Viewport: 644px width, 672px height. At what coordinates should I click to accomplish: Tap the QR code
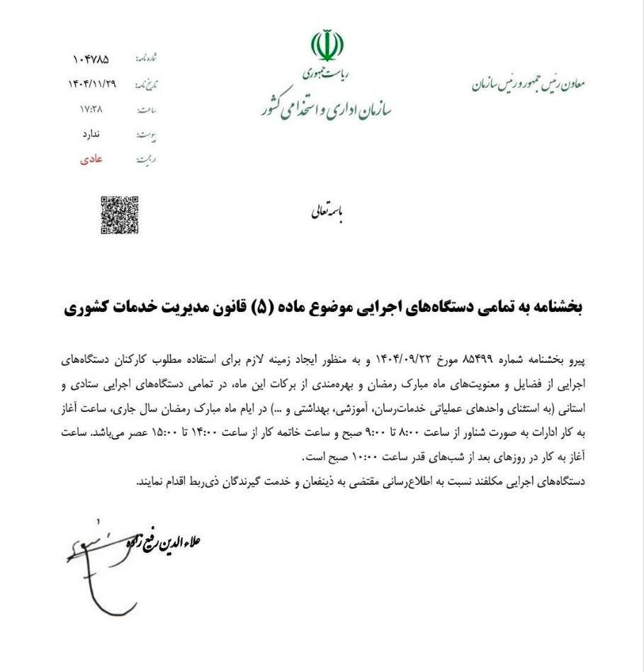coord(119,215)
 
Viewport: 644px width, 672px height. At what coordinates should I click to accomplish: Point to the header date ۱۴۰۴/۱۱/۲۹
coord(93,84)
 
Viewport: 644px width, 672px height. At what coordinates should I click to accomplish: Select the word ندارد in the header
coord(93,134)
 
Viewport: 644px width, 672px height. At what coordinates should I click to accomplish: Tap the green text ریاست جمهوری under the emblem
coord(326,72)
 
